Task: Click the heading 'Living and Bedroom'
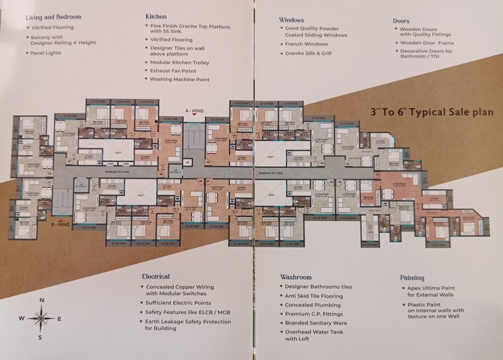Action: click(54, 16)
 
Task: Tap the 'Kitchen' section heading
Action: click(156, 15)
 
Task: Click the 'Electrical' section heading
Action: click(156, 276)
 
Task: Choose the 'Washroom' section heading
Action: click(295, 276)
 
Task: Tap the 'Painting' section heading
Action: click(412, 279)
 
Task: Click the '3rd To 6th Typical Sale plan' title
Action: click(432, 112)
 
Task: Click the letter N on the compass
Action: click(42, 300)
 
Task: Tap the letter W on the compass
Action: click(21, 319)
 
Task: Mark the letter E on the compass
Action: click(60, 319)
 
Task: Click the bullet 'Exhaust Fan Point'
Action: click(174, 71)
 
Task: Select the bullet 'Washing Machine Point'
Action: click(179, 79)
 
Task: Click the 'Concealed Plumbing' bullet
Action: click(314, 305)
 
